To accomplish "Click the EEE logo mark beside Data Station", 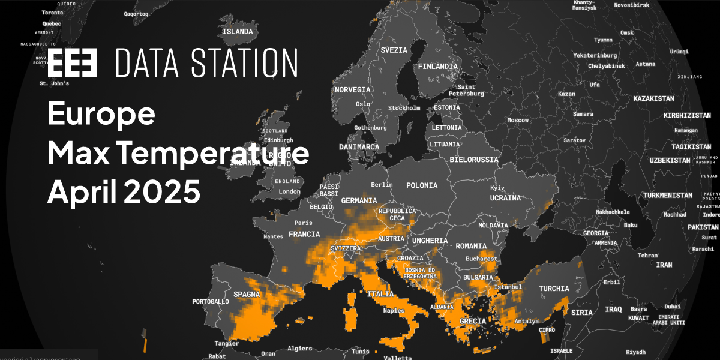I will point(72,63).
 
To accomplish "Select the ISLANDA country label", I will point(238,32).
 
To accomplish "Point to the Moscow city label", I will point(518,120).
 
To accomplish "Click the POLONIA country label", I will point(421,186).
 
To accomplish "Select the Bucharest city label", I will point(482,259).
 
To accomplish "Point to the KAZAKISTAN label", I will point(653,98).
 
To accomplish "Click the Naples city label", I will point(394,310).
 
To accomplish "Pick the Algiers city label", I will point(300,349).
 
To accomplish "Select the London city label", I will point(290,192).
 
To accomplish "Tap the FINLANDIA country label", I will point(437,66).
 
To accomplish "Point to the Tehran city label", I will point(647,255).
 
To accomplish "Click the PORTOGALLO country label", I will point(210,301).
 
